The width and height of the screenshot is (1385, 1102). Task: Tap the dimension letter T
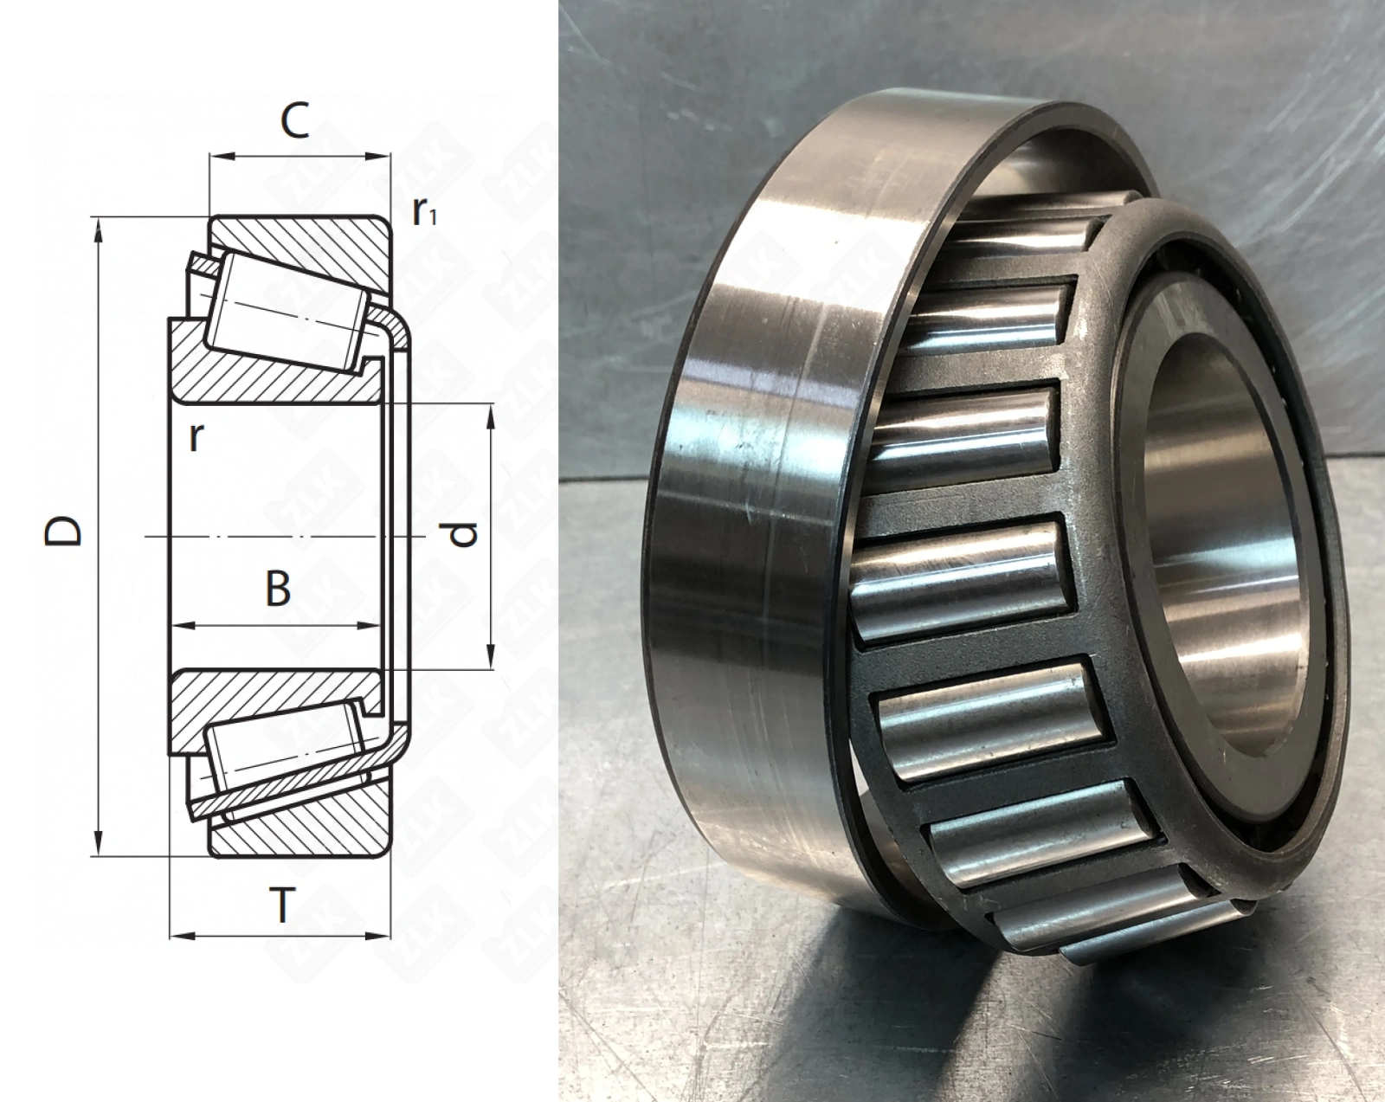coord(280,905)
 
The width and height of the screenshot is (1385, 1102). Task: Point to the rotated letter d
coord(462,533)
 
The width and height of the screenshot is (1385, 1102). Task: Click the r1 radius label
coord(425,211)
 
